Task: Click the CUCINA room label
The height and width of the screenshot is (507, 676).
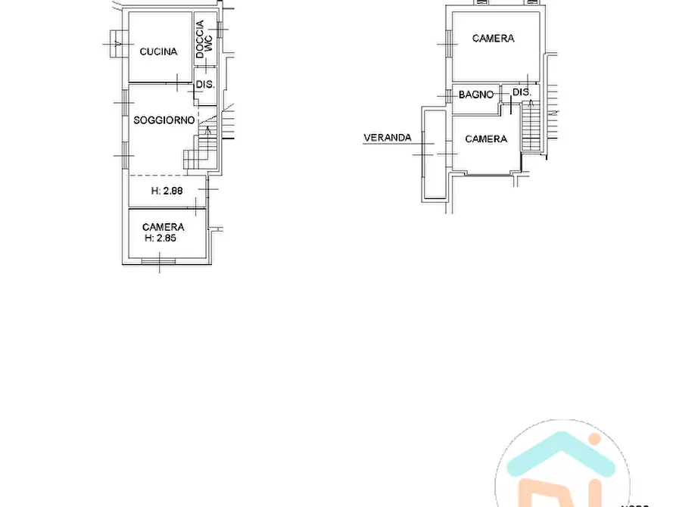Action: (158, 51)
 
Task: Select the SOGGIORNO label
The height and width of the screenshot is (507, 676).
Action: (164, 120)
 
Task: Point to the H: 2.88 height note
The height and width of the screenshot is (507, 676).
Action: (167, 191)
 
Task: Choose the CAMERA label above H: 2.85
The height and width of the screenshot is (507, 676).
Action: (163, 227)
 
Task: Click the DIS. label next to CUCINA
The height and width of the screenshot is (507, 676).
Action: (205, 85)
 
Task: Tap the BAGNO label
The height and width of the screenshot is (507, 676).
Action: (476, 95)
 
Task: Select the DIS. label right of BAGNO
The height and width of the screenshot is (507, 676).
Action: (522, 92)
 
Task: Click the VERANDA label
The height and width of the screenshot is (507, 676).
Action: (388, 138)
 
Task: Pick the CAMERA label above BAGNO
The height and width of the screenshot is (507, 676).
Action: (493, 39)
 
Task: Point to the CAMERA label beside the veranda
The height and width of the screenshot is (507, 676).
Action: (486, 139)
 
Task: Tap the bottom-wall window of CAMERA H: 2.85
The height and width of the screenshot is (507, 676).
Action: (159, 262)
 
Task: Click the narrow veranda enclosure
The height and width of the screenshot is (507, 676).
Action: (435, 154)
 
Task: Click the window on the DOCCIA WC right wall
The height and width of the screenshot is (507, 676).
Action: (221, 29)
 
